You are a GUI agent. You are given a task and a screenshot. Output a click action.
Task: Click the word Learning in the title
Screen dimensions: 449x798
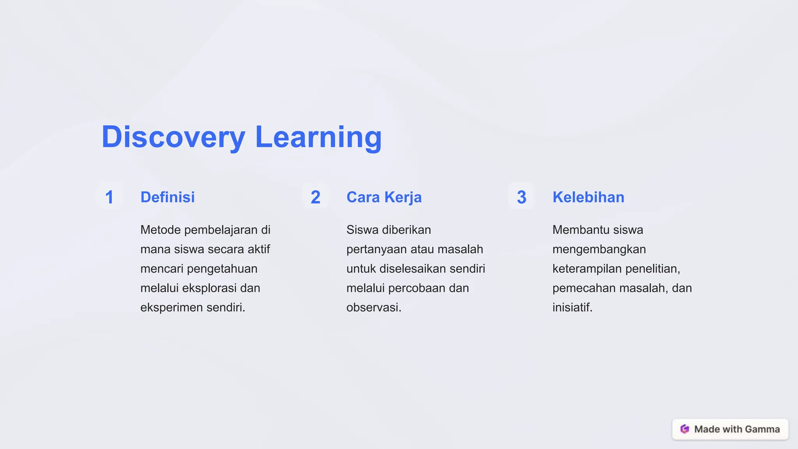click(x=318, y=137)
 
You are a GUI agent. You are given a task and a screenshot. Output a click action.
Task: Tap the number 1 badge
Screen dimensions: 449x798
click(x=109, y=197)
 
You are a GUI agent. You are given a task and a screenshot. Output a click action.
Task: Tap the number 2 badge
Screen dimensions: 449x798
click(x=315, y=197)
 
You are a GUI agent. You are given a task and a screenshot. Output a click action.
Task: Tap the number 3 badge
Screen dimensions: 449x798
click(x=521, y=197)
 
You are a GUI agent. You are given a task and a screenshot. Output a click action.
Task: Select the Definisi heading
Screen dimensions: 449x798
click(x=168, y=197)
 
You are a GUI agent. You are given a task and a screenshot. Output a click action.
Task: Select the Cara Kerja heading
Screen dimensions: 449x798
click(x=384, y=197)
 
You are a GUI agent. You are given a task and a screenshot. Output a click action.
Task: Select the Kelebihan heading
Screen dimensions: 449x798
click(x=588, y=197)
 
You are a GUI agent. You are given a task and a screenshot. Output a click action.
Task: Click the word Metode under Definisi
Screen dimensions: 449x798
click(x=161, y=230)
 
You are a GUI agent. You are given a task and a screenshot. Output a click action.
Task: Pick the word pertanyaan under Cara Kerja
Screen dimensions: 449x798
click(x=376, y=249)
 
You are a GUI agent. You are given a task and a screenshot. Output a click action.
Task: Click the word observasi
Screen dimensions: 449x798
click(x=373, y=308)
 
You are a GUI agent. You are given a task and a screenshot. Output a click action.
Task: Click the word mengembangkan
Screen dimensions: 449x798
click(x=599, y=249)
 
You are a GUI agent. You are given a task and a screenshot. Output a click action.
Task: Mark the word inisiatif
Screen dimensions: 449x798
click(x=572, y=308)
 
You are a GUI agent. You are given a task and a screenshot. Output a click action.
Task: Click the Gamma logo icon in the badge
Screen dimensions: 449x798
click(x=685, y=429)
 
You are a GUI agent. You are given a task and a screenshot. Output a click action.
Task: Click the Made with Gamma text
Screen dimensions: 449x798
click(x=737, y=429)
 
